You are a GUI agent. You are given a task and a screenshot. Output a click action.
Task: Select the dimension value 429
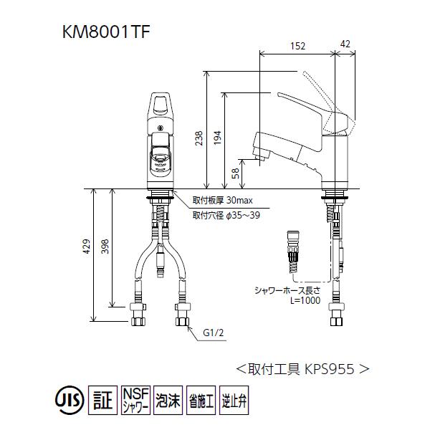coord(87,247)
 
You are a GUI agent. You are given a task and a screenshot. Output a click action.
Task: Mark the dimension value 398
coord(106,247)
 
